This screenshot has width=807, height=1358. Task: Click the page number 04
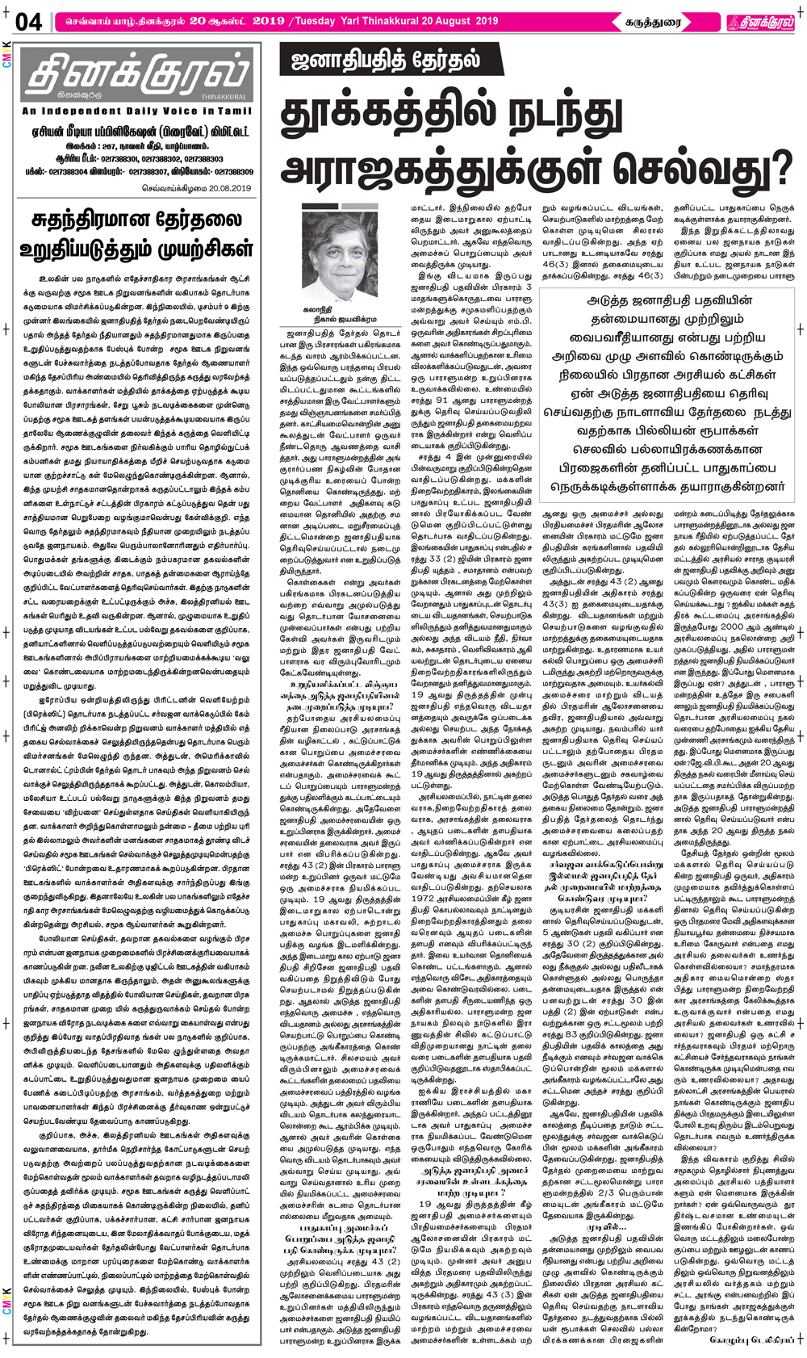click(27, 22)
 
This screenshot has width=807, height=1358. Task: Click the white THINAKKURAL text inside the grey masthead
click(232, 97)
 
